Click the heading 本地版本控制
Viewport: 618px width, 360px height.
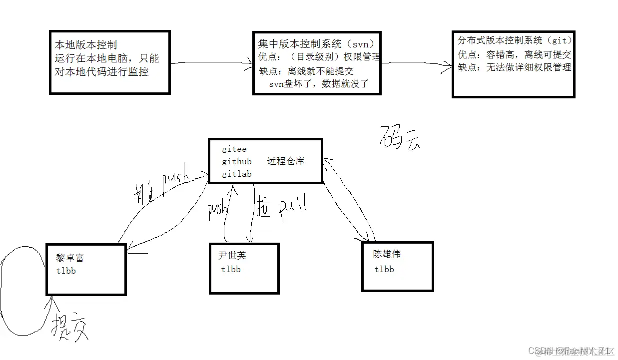[86, 45]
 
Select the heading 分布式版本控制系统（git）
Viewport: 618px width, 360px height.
[515, 40]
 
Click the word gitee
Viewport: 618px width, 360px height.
[234, 149]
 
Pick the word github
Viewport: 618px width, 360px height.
[237, 161]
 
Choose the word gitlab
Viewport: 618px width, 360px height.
[237, 174]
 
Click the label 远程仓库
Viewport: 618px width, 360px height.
[286, 161]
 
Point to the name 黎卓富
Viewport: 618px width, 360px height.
[70, 258]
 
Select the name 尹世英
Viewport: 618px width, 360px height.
[232, 256]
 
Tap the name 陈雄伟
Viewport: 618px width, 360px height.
[387, 254]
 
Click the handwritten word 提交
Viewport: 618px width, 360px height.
[70, 326]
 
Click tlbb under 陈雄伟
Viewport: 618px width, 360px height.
[384, 269]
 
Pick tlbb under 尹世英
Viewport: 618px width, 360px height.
[231, 269]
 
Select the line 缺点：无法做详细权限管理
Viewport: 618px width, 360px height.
[515, 67]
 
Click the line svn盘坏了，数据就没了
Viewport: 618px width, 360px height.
[319, 83]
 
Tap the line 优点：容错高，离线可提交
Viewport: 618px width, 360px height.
[515, 54]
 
